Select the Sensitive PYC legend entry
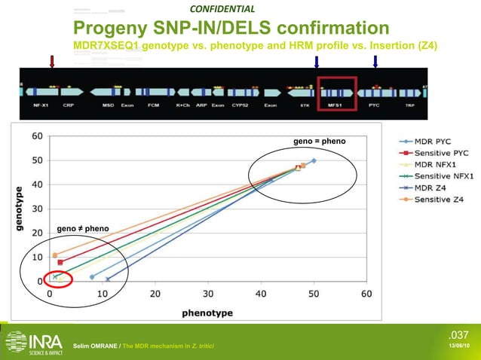[433, 152]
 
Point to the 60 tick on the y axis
[36, 136]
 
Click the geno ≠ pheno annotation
[82, 228]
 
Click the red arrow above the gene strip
[51, 61]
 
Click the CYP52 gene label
[240, 105]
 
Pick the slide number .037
[458, 335]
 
